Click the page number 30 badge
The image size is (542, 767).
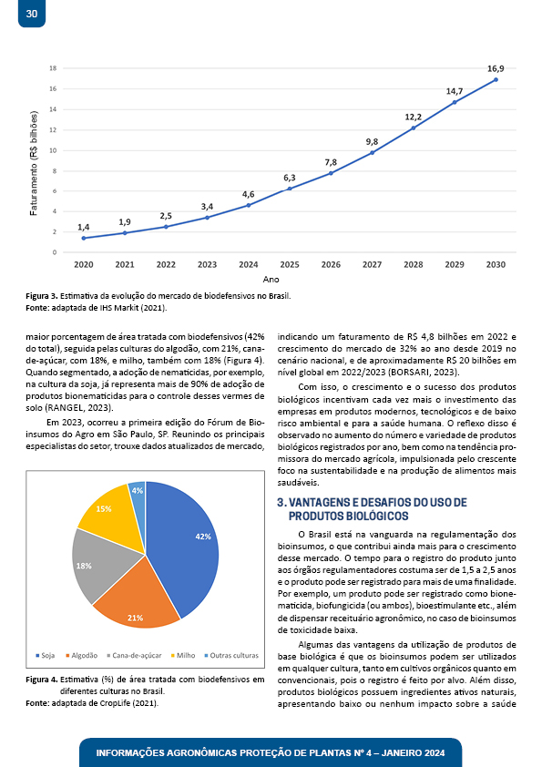point(32,13)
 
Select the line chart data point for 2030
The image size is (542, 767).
point(496,79)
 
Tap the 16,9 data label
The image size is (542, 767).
point(496,69)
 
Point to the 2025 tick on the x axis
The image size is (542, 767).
point(290,265)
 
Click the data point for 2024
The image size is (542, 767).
point(249,205)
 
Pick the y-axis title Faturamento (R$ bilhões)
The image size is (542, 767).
point(34,163)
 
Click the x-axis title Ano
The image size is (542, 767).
point(271,280)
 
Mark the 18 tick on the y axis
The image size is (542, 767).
point(53,68)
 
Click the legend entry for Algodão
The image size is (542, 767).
point(82,656)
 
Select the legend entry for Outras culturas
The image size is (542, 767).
point(231,656)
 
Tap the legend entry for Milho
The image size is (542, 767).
point(183,656)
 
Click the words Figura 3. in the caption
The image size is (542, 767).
point(42,296)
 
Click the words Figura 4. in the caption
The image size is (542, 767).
point(42,680)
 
